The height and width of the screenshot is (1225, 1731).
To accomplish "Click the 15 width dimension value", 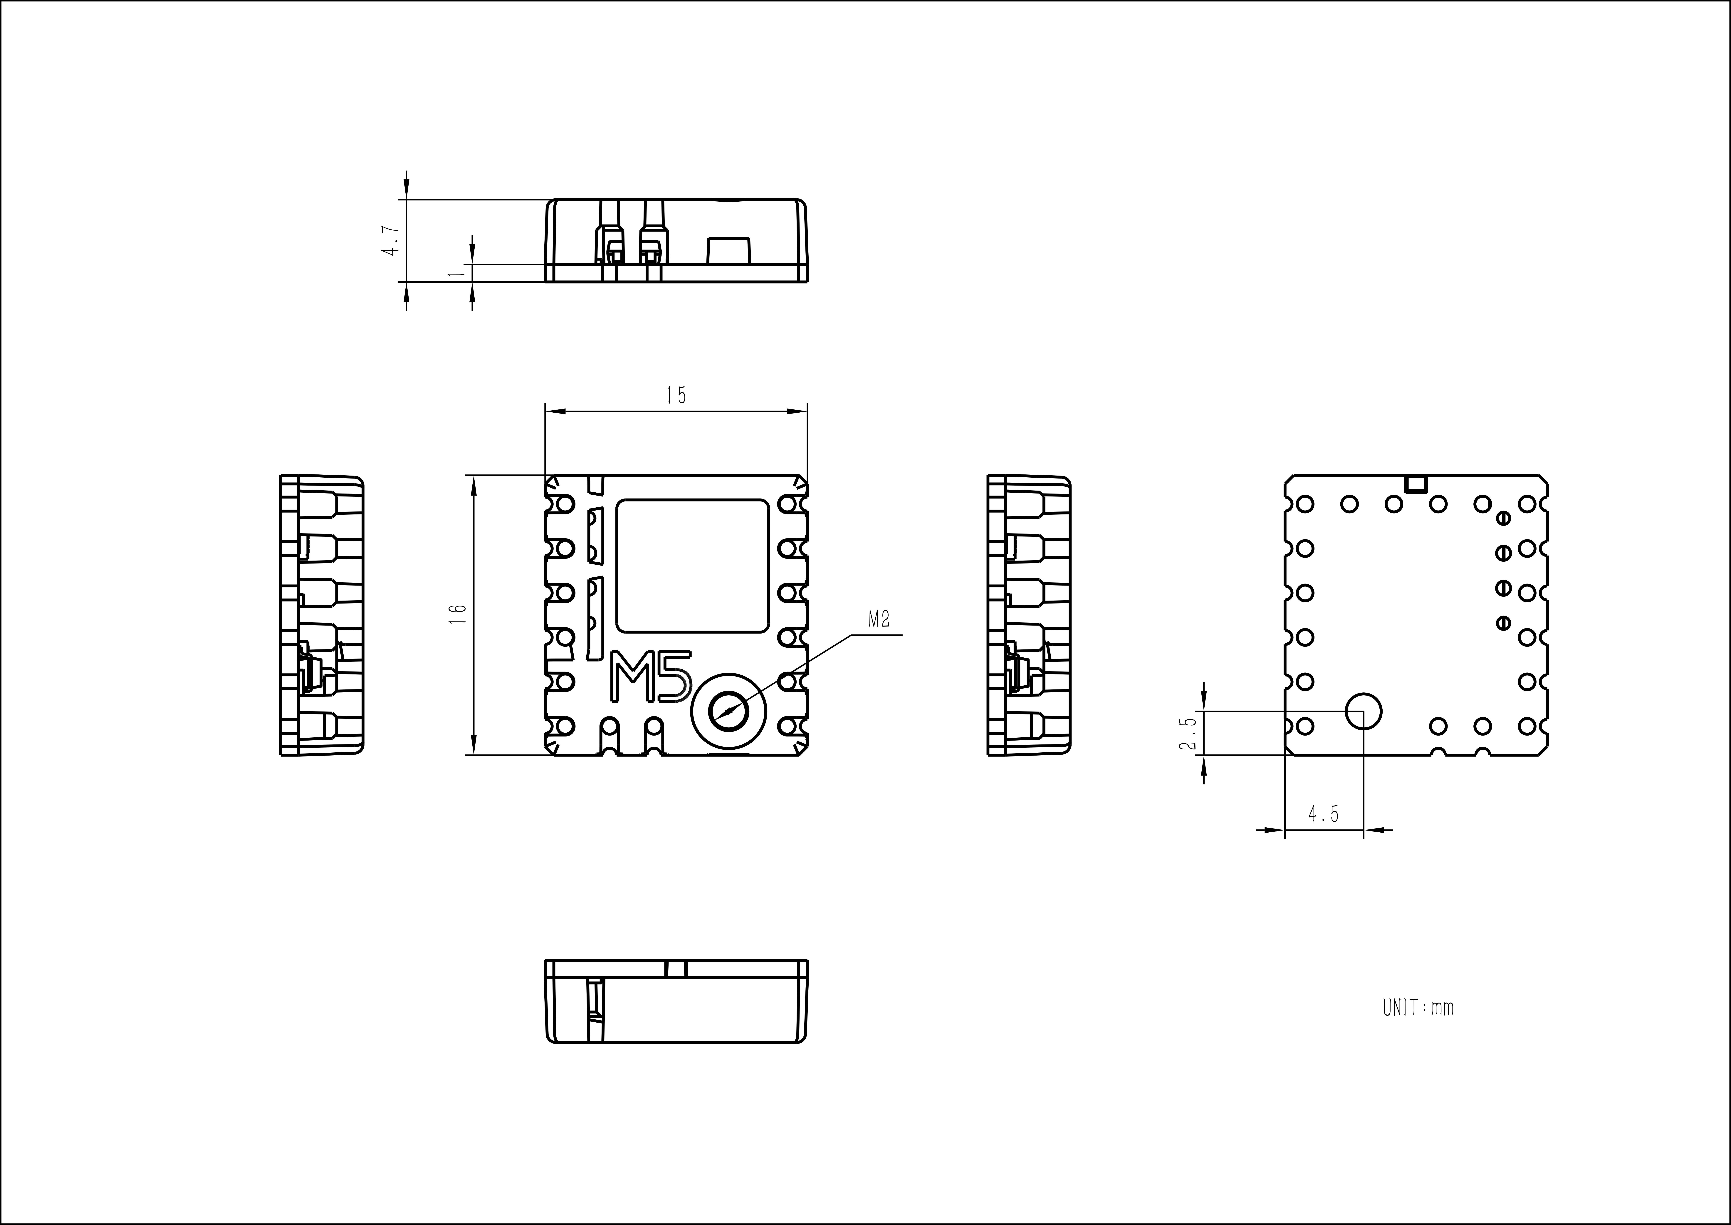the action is pyautogui.click(x=676, y=395).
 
